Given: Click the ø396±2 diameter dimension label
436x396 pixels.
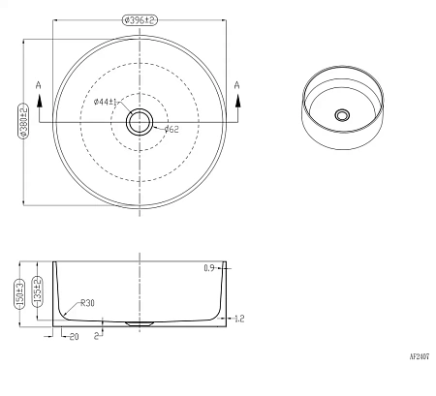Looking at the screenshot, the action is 140,20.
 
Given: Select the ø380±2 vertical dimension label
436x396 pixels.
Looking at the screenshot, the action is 23,121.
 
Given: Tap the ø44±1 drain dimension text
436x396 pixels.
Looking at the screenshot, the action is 105,102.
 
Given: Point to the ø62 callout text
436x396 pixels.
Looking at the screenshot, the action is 171,130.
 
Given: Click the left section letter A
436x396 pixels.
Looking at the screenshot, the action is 39,85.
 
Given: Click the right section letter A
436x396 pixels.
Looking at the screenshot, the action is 236,85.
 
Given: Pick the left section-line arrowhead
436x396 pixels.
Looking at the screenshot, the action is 40,100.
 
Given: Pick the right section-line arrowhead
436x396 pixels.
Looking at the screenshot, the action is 238,100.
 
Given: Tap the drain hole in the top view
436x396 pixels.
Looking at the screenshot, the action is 140,122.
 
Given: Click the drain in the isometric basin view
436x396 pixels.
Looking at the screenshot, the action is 342,115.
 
